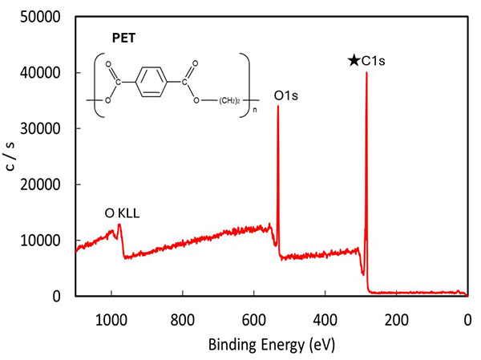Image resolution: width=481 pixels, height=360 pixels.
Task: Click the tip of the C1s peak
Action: (x=366, y=73)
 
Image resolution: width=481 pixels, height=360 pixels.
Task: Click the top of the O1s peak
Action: (x=278, y=106)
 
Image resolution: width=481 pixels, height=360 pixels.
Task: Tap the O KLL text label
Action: (x=122, y=213)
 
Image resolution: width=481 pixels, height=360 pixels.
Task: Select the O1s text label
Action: (x=285, y=95)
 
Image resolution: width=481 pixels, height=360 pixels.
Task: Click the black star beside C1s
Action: (x=354, y=60)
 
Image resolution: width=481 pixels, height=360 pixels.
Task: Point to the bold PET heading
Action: (x=123, y=38)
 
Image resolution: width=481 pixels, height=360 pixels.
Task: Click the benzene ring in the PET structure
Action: (x=152, y=82)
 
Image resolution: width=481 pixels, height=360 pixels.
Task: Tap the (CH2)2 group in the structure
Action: (x=229, y=101)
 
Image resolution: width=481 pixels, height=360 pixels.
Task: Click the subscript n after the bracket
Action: (x=255, y=110)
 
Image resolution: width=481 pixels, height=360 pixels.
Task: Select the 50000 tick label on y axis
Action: (x=40, y=17)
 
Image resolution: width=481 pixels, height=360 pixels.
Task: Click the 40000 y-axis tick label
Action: (x=40, y=73)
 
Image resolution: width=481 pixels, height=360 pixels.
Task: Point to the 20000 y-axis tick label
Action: (x=40, y=184)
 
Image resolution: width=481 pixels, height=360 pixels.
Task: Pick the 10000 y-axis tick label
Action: (x=40, y=241)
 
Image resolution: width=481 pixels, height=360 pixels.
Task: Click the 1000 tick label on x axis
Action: (x=111, y=321)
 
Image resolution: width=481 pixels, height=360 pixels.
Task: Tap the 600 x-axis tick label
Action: (x=253, y=321)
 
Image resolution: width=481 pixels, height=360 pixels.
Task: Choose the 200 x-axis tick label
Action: (x=396, y=321)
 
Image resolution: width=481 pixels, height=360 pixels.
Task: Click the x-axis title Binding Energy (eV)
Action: (x=272, y=344)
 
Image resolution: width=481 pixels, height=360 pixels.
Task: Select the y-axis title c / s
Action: (x=10, y=156)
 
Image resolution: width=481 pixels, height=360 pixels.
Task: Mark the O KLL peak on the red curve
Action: (x=119, y=225)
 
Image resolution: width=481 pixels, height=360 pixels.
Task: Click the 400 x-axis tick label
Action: (x=325, y=321)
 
